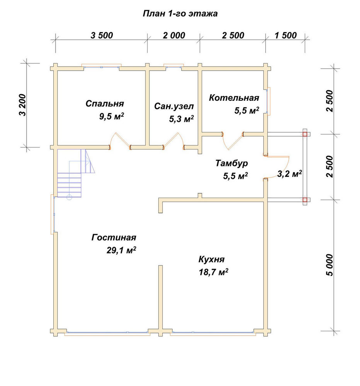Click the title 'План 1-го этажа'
[180, 14]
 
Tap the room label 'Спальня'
[105, 103]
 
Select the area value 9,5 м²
[111, 116]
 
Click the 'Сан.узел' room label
[174, 107]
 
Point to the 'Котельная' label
[234, 98]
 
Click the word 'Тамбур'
[232, 163]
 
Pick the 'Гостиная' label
[114, 237]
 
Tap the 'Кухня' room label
[212, 259]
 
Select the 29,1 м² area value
[121, 251]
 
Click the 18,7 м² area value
[213, 272]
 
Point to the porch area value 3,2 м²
[290, 174]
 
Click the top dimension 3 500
[102, 36]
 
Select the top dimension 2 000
[174, 36]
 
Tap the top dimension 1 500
[285, 36]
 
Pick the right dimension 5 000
[329, 265]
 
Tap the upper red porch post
[305, 134]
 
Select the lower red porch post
[305, 200]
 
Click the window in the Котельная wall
[268, 101]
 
